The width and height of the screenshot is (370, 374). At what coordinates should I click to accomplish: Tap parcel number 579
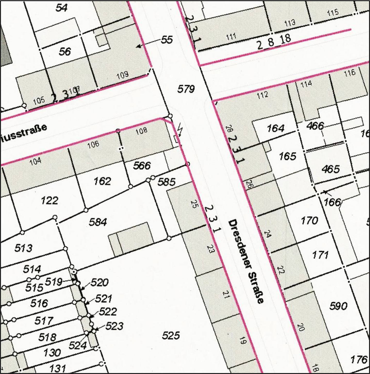[186, 89]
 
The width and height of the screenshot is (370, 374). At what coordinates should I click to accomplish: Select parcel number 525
[171, 335]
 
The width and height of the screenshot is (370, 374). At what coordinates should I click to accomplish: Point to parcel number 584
[98, 222]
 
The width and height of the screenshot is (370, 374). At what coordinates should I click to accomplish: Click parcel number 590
[338, 306]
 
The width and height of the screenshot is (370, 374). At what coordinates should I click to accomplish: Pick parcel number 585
[167, 182]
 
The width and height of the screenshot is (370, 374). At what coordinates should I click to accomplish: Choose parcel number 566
[142, 166]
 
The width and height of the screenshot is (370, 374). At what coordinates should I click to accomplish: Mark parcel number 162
[102, 181]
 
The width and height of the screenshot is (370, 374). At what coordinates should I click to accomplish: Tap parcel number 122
[50, 200]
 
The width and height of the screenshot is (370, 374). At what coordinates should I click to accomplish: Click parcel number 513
[23, 248]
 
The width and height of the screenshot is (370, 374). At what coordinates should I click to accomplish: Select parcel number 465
[331, 169]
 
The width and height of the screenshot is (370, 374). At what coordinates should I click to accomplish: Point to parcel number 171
[320, 255]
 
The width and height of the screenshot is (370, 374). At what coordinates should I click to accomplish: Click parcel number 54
[61, 8]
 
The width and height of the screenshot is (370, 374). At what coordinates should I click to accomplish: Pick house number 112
[262, 95]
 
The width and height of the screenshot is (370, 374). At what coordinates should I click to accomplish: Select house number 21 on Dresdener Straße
[226, 294]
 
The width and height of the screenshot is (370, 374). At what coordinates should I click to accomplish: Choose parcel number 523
[114, 326]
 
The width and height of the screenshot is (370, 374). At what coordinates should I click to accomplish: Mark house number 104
[35, 161]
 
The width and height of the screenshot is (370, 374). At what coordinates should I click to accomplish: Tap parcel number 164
[276, 128]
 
